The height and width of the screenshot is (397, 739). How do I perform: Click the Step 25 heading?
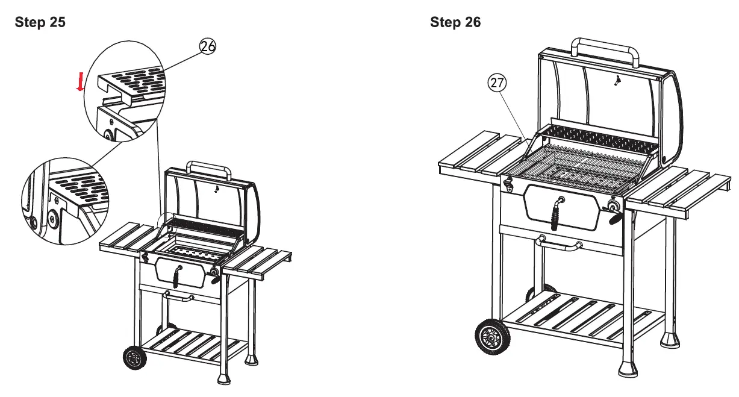click(40, 23)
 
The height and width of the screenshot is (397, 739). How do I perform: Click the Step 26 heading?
click(455, 23)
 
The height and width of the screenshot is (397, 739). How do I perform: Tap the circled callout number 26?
click(208, 47)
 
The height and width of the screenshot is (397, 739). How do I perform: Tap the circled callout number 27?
click(496, 84)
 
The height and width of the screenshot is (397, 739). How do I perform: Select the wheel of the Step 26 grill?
click(492, 338)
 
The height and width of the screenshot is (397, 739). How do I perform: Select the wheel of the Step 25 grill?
click(134, 358)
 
